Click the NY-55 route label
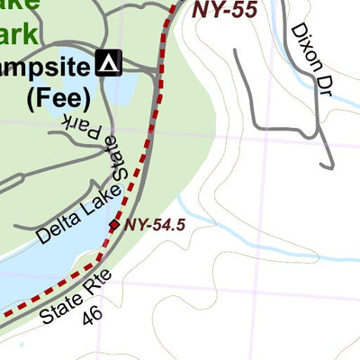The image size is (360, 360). click(225, 11)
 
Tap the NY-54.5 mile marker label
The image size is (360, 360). click(156, 225)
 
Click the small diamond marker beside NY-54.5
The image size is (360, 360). click(113, 224)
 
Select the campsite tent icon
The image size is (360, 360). click(109, 64)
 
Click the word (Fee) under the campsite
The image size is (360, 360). click(59, 96)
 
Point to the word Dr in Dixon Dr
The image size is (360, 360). click(321, 80)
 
